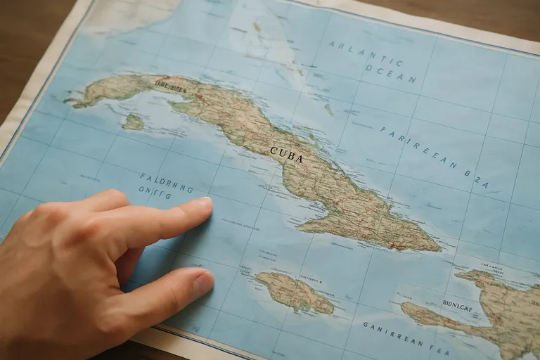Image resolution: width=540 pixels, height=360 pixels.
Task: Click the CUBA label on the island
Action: click(x=286, y=154)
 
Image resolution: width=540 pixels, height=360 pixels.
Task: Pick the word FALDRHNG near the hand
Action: click(x=166, y=183)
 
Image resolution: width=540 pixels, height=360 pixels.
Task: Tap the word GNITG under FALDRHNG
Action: click(x=155, y=193)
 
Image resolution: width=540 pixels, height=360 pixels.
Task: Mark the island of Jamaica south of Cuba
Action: click(x=294, y=292)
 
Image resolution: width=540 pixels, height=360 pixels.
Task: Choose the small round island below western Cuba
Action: click(x=132, y=122)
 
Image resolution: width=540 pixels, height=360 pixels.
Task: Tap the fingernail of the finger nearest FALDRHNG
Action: click(x=203, y=204)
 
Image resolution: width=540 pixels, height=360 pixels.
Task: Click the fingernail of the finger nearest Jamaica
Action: click(x=202, y=285)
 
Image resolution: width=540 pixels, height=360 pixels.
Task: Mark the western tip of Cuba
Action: click(x=67, y=103)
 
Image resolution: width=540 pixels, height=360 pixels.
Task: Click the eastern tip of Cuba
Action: click(x=439, y=248)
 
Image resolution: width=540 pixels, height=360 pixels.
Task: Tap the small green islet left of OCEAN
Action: click(x=329, y=110)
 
